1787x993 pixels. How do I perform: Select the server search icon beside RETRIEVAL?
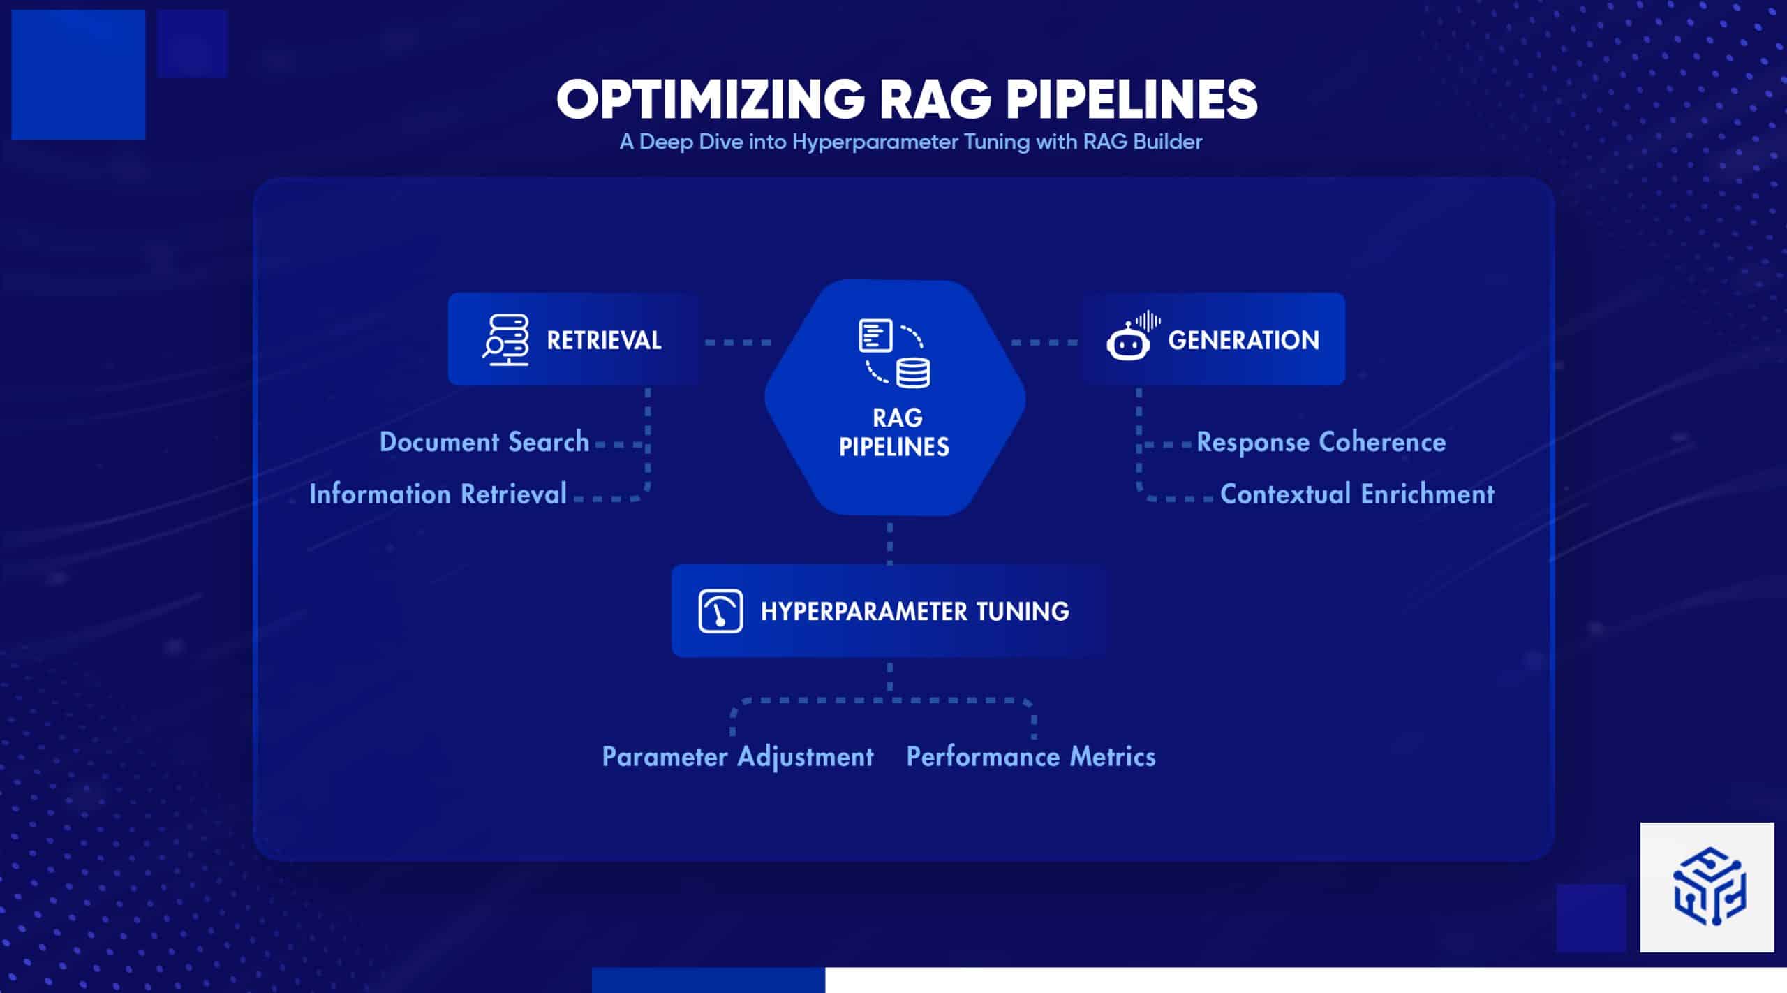pos(506,340)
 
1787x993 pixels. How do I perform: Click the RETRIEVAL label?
pos(604,341)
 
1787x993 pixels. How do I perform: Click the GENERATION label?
pos(1243,341)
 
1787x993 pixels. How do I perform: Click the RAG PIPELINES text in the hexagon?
pos(895,432)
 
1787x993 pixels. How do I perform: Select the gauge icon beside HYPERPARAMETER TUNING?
pos(720,611)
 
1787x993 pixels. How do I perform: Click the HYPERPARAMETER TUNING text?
pos(914,612)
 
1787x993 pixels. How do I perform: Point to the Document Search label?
pos(484,442)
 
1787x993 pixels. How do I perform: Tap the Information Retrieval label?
pos(438,494)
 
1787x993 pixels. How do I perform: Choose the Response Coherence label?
pos(1321,442)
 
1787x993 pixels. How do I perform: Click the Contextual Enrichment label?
pos(1357,494)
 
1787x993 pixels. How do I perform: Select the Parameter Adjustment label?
pos(738,757)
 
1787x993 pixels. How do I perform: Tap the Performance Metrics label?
pos(1030,757)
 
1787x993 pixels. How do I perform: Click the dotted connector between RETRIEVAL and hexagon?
pos(738,343)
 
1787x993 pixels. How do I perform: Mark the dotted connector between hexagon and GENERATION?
pos(1044,343)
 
